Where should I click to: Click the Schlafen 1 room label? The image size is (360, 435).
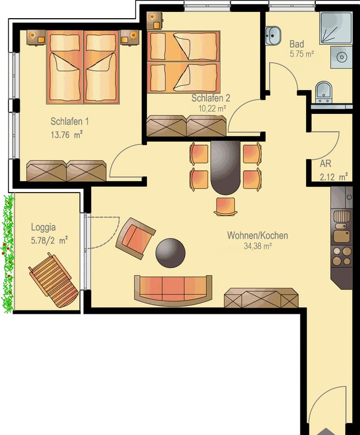tap(69, 122)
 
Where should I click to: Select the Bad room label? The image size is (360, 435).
tap(297, 44)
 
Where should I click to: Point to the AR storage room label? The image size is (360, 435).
tap(325, 164)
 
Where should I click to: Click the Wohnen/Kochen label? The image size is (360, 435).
tap(257, 236)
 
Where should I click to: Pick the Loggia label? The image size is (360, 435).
tap(43, 227)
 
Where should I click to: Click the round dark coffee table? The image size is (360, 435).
tap(170, 253)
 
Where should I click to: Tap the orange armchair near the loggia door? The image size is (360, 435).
tap(135, 238)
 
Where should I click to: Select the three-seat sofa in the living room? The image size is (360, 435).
tap(173, 291)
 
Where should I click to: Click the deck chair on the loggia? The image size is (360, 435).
tap(53, 280)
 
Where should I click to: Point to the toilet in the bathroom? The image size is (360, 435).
tap(324, 92)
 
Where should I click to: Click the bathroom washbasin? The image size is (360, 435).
tap(273, 36)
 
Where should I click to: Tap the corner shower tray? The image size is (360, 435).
tap(336, 28)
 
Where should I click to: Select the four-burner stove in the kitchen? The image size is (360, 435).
tap(342, 256)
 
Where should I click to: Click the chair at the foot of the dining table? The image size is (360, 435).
tap(225, 206)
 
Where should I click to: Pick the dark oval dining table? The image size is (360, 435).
tap(225, 168)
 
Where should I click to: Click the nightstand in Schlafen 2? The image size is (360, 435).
tap(155, 20)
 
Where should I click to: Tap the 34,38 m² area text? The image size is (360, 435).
tap(257, 246)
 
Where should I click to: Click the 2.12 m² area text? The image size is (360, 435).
tap(334, 177)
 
